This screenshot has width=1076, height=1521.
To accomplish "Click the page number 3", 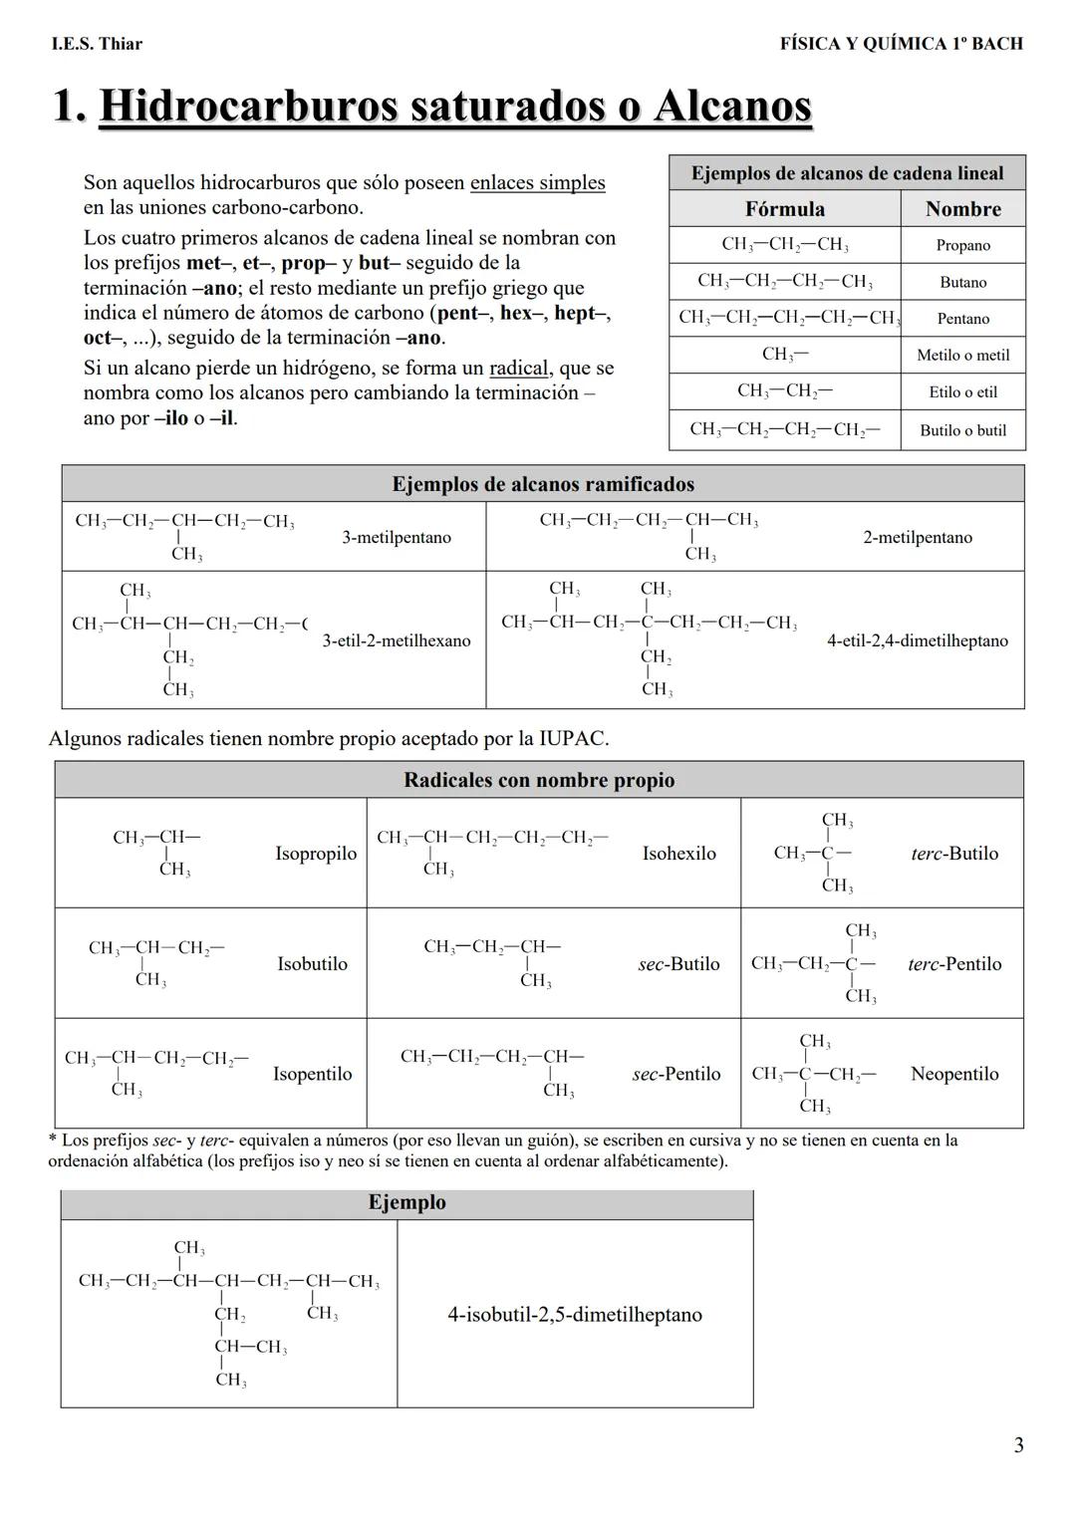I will point(1017,1445).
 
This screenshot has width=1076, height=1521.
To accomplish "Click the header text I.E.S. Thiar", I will point(97,44).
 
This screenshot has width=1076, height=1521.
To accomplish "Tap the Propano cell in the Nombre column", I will point(962,245).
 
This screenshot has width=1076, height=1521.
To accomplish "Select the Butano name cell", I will point(962,282).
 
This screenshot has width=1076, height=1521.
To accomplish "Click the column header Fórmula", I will point(784,209).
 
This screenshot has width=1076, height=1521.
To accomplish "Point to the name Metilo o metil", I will point(962,356).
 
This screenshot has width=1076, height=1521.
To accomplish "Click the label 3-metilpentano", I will point(396,538).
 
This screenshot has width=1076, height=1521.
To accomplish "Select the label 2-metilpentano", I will point(917,538).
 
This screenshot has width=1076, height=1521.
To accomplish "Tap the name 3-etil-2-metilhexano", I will point(396,640).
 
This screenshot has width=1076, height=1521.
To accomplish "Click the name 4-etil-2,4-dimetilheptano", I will point(917,640).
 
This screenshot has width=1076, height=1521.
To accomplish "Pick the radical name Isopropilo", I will point(315,854).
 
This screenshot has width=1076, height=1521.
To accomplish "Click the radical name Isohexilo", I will point(678,854).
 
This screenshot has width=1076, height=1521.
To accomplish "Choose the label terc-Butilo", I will point(953,854).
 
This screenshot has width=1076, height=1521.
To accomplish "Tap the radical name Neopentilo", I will point(953,1074).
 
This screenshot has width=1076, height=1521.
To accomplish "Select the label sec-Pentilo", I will point(675,1074).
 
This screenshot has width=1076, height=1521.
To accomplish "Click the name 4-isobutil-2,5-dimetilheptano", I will point(574,1315).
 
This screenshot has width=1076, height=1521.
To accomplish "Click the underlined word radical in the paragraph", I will point(518,369).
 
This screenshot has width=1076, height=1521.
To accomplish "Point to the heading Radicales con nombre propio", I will point(538,780).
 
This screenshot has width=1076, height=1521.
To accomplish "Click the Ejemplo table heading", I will point(406,1202).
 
